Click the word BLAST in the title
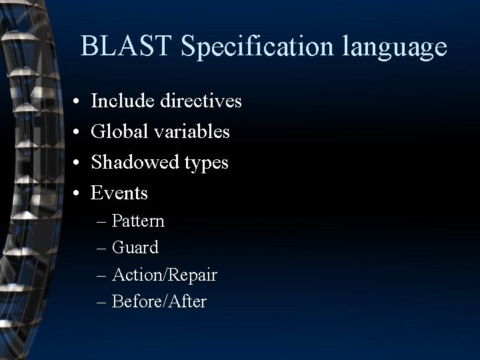pyautogui.click(x=126, y=46)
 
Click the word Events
pyautogui.click(x=119, y=193)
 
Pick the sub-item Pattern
pyautogui.click(x=138, y=221)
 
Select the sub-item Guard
pyautogui.click(x=135, y=248)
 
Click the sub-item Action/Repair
pyautogui.click(x=165, y=275)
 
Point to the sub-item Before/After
pyautogui.click(x=159, y=302)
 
